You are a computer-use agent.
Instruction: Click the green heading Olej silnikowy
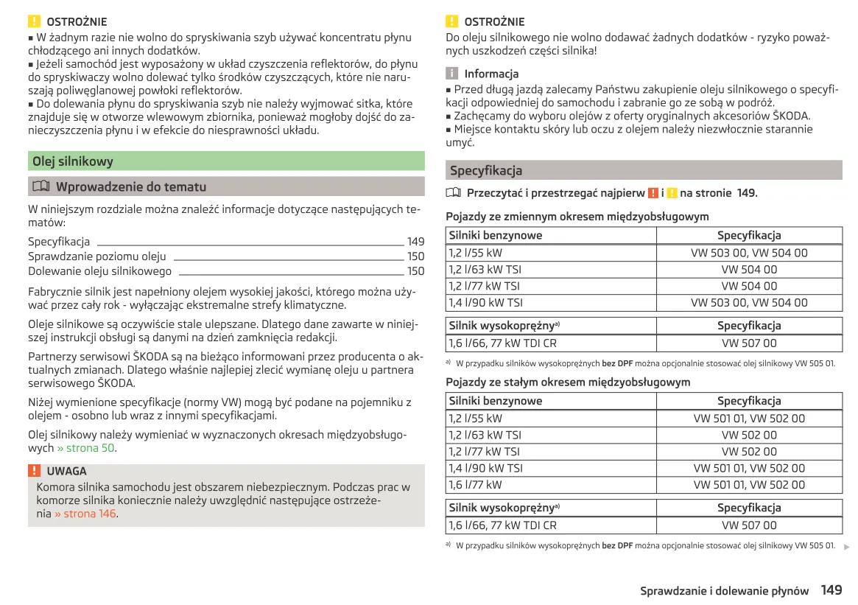click(x=73, y=161)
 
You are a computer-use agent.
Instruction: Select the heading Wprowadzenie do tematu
click(x=131, y=187)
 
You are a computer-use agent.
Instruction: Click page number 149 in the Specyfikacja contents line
click(x=415, y=242)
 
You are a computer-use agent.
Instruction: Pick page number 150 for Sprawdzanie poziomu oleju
click(x=415, y=256)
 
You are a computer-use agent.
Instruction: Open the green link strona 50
click(x=86, y=448)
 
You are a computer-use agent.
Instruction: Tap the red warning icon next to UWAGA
click(x=34, y=471)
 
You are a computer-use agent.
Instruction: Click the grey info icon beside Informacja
click(x=451, y=74)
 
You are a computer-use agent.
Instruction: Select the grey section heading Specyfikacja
click(x=486, y=171)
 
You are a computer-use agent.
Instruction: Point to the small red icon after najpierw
click(x=653, y=193)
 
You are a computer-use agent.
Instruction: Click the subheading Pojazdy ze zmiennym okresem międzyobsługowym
click(x=577, y=217)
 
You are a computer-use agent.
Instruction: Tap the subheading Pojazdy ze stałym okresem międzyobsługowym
click(x=568, y=382)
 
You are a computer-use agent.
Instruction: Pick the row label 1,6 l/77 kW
click(x=475, y=485)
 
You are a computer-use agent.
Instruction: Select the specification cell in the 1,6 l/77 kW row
click(x=748, y=485)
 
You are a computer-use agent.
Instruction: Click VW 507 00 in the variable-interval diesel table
click(x=748, y=343)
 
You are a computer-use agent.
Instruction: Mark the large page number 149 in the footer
click(x=831, y=590)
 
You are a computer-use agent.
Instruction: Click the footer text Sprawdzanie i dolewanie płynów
click(x=724, y=591)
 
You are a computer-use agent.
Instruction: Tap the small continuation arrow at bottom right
click(x=846, y=547)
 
